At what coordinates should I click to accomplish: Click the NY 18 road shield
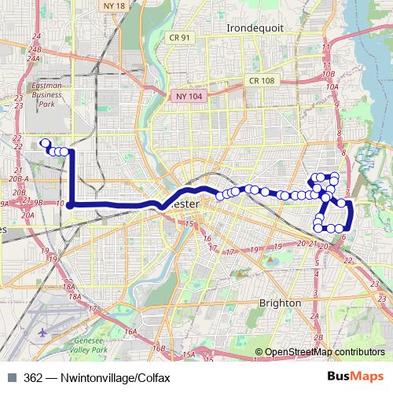coord(114,6)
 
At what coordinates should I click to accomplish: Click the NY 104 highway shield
coord(186,96)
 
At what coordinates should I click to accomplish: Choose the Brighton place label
coord(280,303)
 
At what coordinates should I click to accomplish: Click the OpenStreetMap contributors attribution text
coord(325,352)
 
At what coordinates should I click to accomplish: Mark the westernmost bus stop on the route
coord(44,143)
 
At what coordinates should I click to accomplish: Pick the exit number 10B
coord(329,74)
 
